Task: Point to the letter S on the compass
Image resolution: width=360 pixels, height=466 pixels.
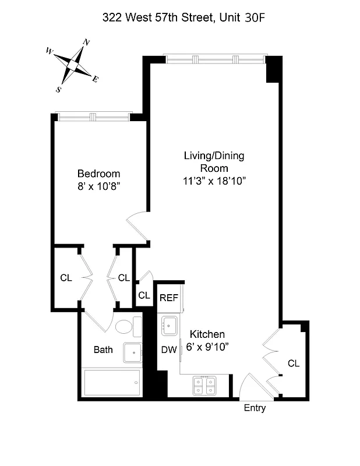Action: click(x=59, y=89)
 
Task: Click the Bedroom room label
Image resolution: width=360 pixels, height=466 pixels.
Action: click(x=99, y=174)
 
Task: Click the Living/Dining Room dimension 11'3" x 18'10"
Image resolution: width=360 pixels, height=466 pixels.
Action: click(x=214, y=181)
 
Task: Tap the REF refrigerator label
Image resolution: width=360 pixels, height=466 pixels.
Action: click(x=169, y=298)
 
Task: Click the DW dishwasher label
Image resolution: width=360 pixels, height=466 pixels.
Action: click(x=168, y=349)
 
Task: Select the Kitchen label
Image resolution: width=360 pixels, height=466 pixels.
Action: click(x=207, y=334)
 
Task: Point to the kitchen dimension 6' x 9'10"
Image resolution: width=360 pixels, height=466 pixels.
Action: click(x=207, y=347)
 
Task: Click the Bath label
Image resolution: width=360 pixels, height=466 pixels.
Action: click(x=104, y=350)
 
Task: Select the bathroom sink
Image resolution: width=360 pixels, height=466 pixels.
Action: click(x=133, y=352)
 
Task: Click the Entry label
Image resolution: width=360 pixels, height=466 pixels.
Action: click(x=255, y=408)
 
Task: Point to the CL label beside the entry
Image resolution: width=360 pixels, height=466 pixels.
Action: click(x=294, y=363)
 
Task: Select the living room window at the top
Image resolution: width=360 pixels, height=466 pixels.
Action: click(x=214, y=59)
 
